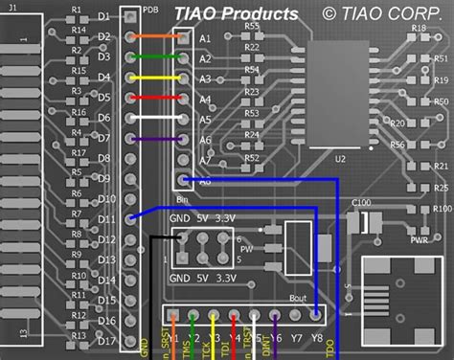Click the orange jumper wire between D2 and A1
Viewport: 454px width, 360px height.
coord(158,37)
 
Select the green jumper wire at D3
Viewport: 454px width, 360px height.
coord(158,56)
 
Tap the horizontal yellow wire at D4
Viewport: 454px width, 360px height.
coord(158,78)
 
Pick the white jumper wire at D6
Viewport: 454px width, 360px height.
coord(158,119)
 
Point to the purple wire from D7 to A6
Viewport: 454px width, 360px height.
coord(158,139)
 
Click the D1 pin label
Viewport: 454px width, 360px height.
coord(104,17)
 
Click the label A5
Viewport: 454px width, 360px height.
coord(204,120)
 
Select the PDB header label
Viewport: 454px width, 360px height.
coord(149,9)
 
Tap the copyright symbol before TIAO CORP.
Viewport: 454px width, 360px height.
coord(329,12)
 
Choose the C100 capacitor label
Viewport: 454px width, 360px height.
coord(361,202)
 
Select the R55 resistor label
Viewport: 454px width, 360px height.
coord(251,27)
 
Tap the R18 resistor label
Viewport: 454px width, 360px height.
coord(419,28)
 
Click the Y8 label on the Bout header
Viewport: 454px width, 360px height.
coord(317,338)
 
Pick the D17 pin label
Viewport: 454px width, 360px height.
coord(104,340)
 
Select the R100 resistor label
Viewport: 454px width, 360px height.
coord(442,207)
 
